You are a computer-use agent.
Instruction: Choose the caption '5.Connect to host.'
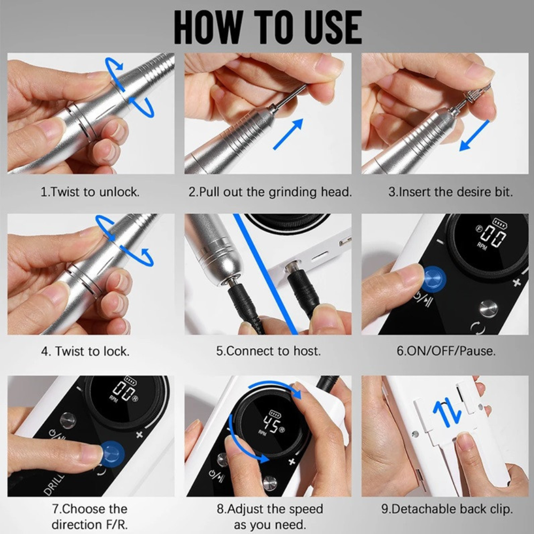269,351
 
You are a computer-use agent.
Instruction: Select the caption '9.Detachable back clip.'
447,509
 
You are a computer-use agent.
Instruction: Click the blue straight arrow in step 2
288,133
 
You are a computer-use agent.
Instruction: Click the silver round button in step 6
486,308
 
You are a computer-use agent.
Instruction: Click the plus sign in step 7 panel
140,434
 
